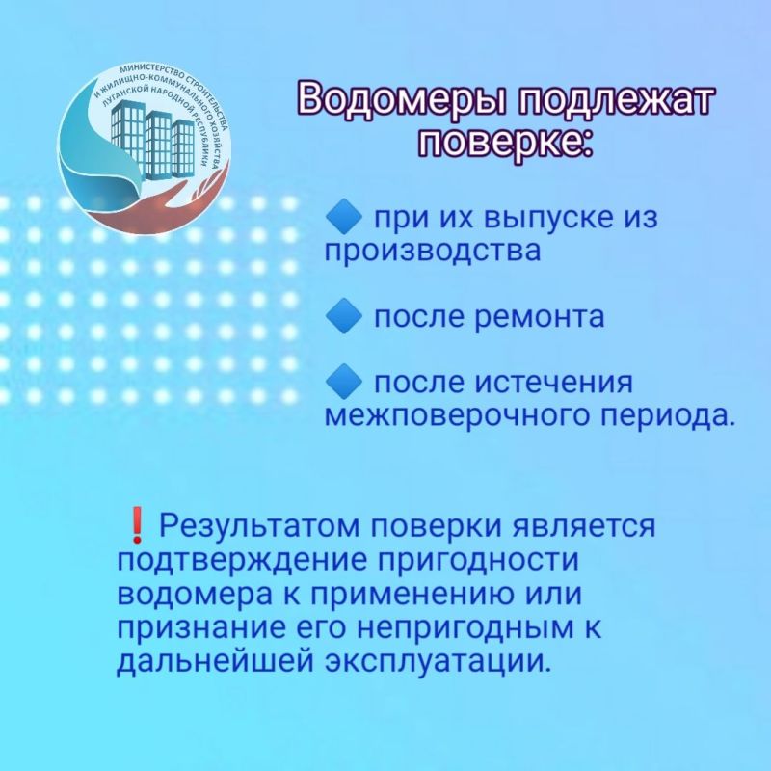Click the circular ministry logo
click(x=146, y=145)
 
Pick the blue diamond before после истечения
click(x=343, y=384)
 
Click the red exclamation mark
click(x=136, y=527)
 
